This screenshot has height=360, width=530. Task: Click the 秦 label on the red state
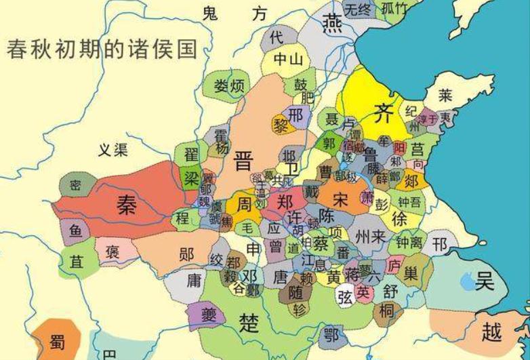125,204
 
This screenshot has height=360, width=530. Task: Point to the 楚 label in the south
249,322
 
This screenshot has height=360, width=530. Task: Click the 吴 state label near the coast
485,280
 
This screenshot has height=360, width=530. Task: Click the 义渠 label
113,150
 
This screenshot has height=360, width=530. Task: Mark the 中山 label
287,60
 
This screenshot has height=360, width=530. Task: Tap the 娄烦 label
228,87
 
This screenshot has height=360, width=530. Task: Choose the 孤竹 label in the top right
394,9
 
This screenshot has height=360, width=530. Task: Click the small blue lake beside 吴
467,280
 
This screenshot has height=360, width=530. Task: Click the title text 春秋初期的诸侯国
102,49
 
